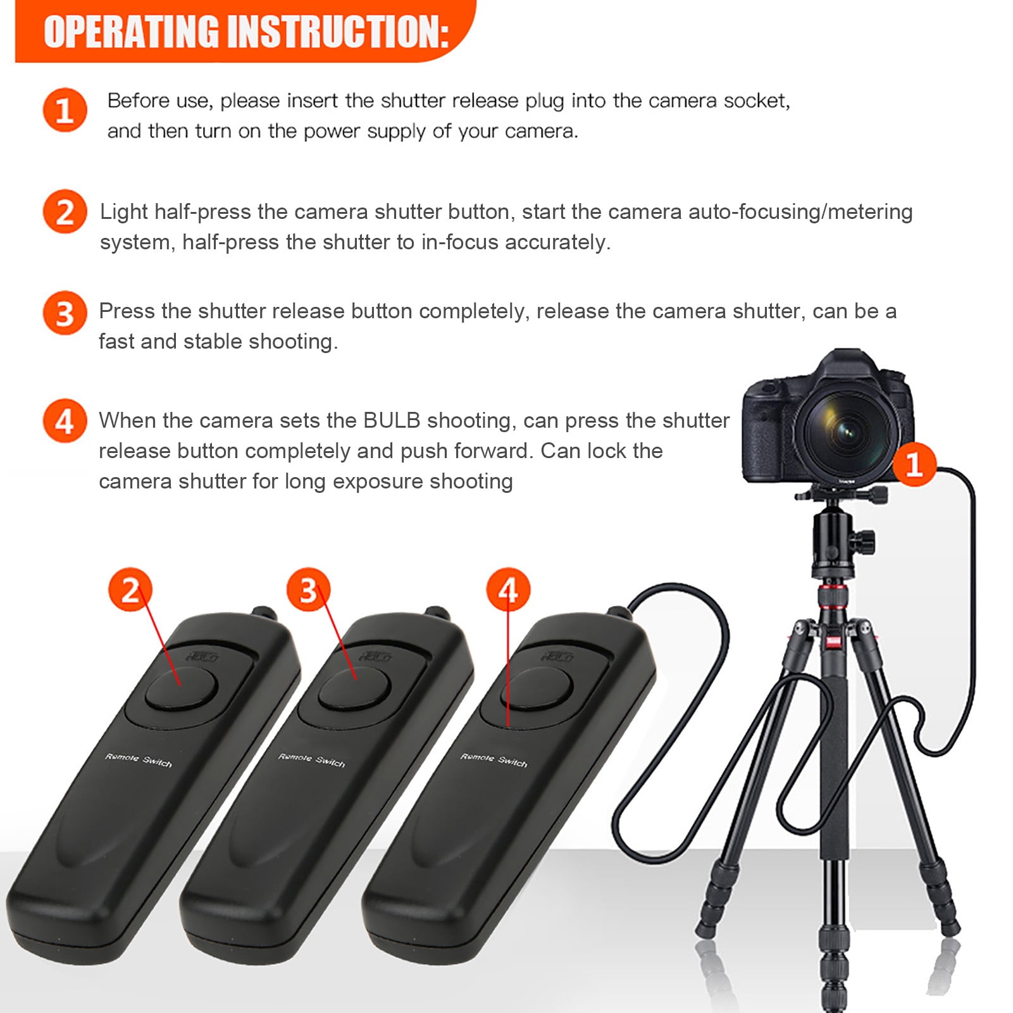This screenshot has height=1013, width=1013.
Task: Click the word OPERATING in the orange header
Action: coord(130,32)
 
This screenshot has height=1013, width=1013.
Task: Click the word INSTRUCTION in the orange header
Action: coord(338,32)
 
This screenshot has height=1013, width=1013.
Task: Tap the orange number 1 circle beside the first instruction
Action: coord(65,110)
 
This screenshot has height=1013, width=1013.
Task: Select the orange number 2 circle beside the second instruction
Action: coord(65,211)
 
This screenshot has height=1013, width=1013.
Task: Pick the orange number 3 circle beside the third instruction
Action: coord(65,313)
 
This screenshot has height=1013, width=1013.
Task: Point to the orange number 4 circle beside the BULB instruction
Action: coord(65,421)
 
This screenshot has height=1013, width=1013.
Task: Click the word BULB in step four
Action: coord(392,421)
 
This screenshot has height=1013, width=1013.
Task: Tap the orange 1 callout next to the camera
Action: coord(914,464)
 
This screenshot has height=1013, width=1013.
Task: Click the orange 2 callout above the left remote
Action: coord(130,590)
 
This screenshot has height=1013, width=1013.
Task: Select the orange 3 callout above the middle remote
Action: coord(308,590)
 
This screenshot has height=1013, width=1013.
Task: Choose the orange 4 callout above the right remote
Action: coord(508,590)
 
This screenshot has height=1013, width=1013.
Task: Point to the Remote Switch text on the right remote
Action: coord(494,760)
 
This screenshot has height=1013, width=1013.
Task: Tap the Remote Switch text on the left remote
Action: coord(139,760)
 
